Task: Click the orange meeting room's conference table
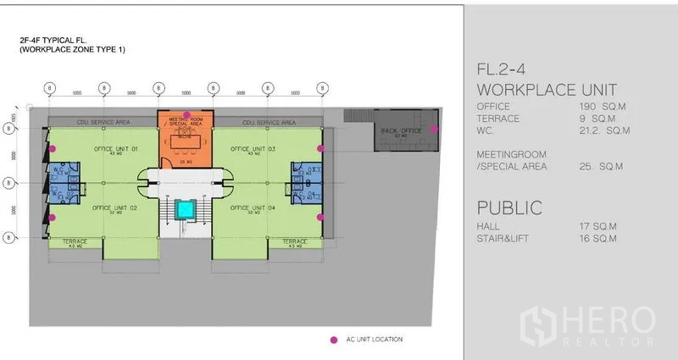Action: tap(185, 141)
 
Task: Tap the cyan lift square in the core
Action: tap(184, 209)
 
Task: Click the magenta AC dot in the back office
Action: tap(434, 129)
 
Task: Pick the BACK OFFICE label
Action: tap(401, 130)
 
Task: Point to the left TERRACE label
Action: tap(75, 241)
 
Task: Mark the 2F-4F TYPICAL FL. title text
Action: tap(64, 40)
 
